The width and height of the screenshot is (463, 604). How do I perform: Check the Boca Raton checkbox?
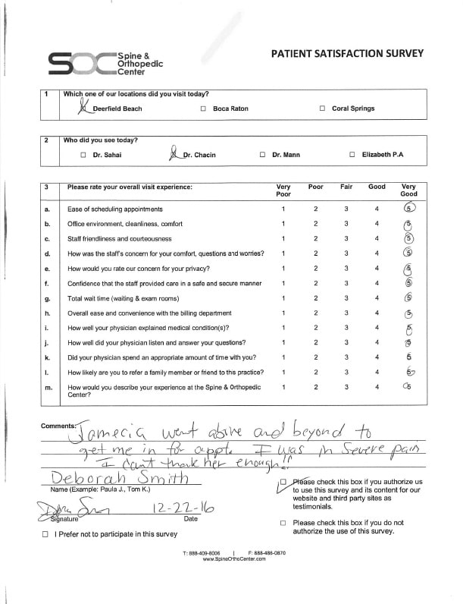[203, 109]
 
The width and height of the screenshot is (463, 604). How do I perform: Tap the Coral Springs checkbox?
[322, 109]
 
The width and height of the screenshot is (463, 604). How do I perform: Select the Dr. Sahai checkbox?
[83, 155]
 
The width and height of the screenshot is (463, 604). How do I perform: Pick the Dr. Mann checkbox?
[262, 155]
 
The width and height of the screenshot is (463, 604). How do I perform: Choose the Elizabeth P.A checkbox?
[352, 155]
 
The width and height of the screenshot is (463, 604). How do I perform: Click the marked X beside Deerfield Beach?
[82, 108]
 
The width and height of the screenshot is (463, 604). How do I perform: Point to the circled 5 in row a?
[409, 209]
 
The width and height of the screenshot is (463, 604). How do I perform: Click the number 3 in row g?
[346, 298]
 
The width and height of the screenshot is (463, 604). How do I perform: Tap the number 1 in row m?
[283, 387]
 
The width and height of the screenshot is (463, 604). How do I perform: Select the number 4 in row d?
[377, 253]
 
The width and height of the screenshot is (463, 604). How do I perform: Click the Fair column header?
[346, 187]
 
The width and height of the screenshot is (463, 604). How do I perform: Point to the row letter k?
[47, 357]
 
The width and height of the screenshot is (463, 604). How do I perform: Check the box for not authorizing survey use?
[283, 523]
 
